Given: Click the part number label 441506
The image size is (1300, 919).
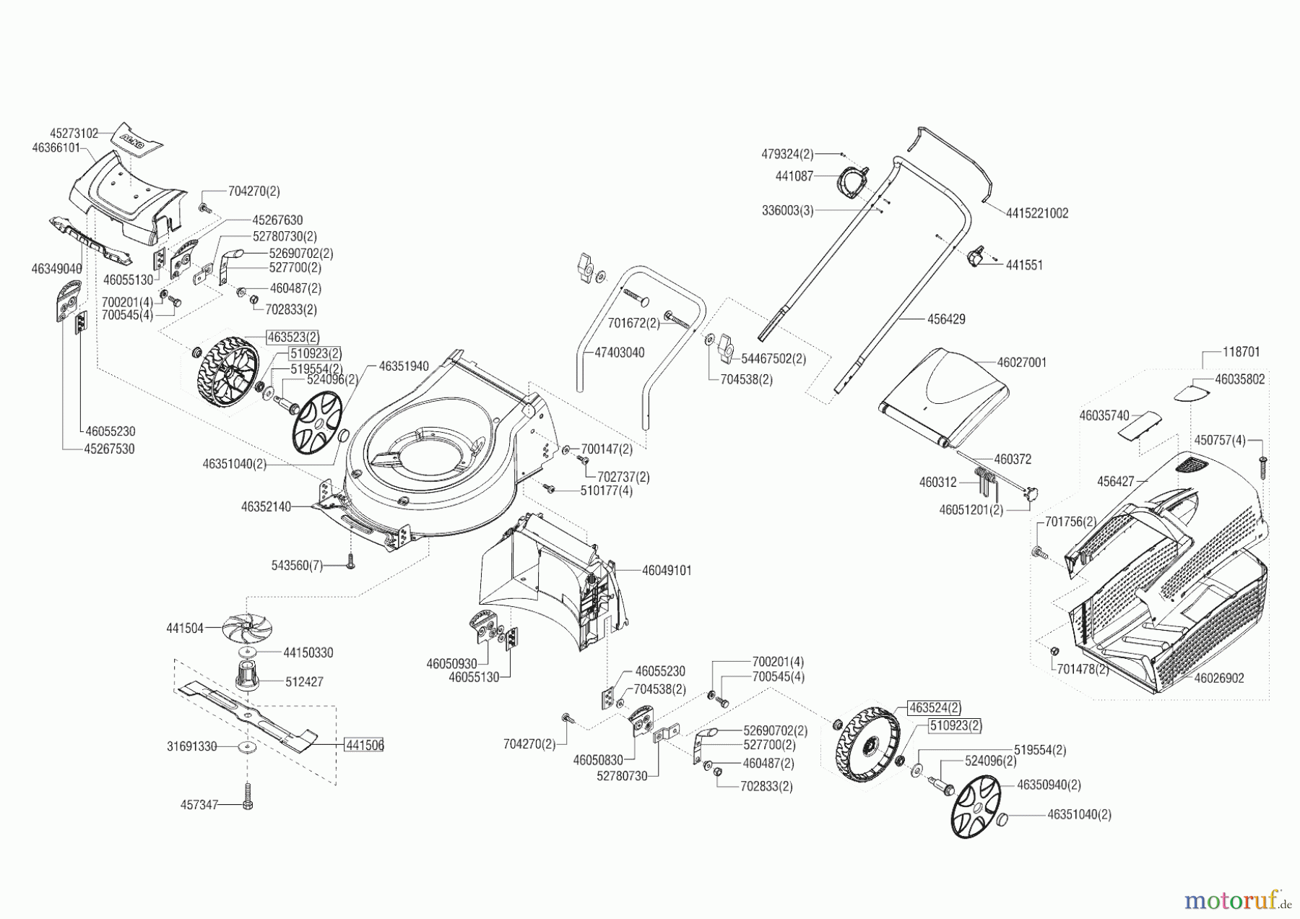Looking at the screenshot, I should point(364,745).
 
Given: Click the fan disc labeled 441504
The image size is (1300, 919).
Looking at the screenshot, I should point(248,626).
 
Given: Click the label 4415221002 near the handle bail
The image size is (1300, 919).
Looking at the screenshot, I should point(1036,213).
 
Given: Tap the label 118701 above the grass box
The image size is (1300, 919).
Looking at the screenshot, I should point(1241,353).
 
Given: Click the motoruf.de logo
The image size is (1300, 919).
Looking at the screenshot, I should point(1236,900).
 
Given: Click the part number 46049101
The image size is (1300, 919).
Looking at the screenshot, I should point(667,571).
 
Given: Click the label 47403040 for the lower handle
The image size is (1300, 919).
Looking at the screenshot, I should point(619,353).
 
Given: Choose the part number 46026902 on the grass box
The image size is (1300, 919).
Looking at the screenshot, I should point(1219,678).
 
